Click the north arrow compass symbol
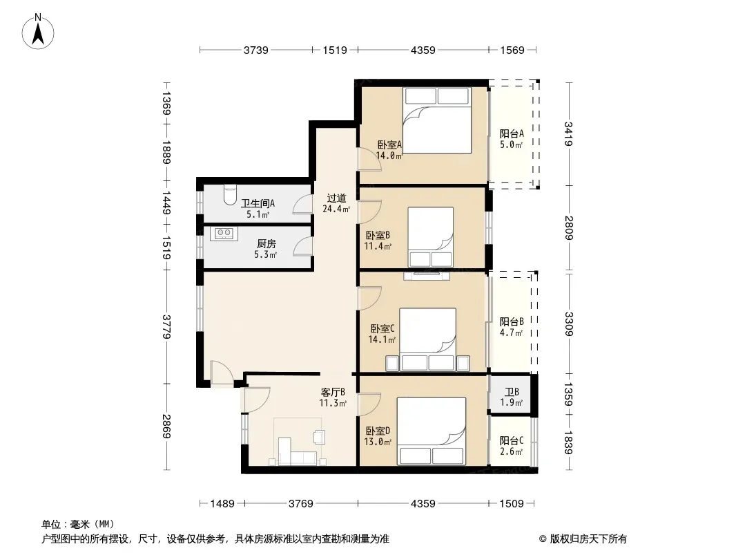click(38, 32)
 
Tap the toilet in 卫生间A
click(230, 195)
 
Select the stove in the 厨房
click(224, 234)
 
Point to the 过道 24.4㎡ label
click(336, 203)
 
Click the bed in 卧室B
click(430, 237)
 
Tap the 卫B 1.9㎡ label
click(511, 397)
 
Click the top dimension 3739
click(256, 50)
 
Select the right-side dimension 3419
click(568, 134)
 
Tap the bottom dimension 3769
click(301, 504)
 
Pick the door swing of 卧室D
click(369, 404)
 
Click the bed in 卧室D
click(432, 431)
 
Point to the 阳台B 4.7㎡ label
click(511, 327)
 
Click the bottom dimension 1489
click(222, 504)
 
